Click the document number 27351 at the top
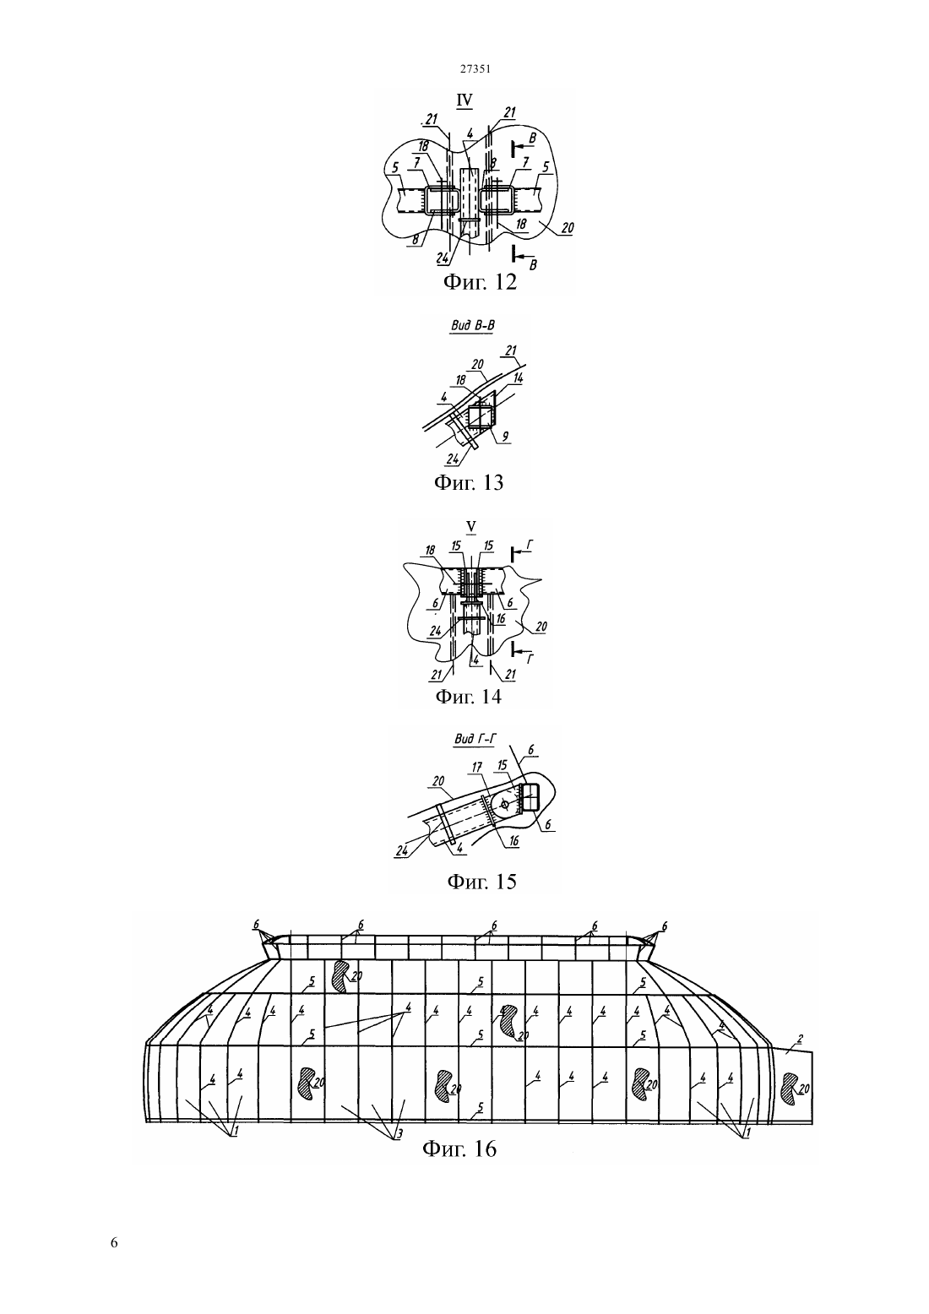click(475, 68)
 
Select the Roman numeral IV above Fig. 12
click(465, 100)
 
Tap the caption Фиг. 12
click(481, 282)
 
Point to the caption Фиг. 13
click(469, 482)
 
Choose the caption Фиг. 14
click(469, 696)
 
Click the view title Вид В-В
click(471, 326)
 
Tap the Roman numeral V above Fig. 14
click(471, 527)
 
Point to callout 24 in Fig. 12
click(443, 258)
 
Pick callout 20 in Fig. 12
click(567, 228)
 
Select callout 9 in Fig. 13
click(505, 437)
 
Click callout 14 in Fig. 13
click(517, 378)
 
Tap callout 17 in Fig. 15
click(477, 768)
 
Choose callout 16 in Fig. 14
click(500, 618)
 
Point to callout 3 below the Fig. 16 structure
click(399, 1134)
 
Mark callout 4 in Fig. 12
click(470, 133)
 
